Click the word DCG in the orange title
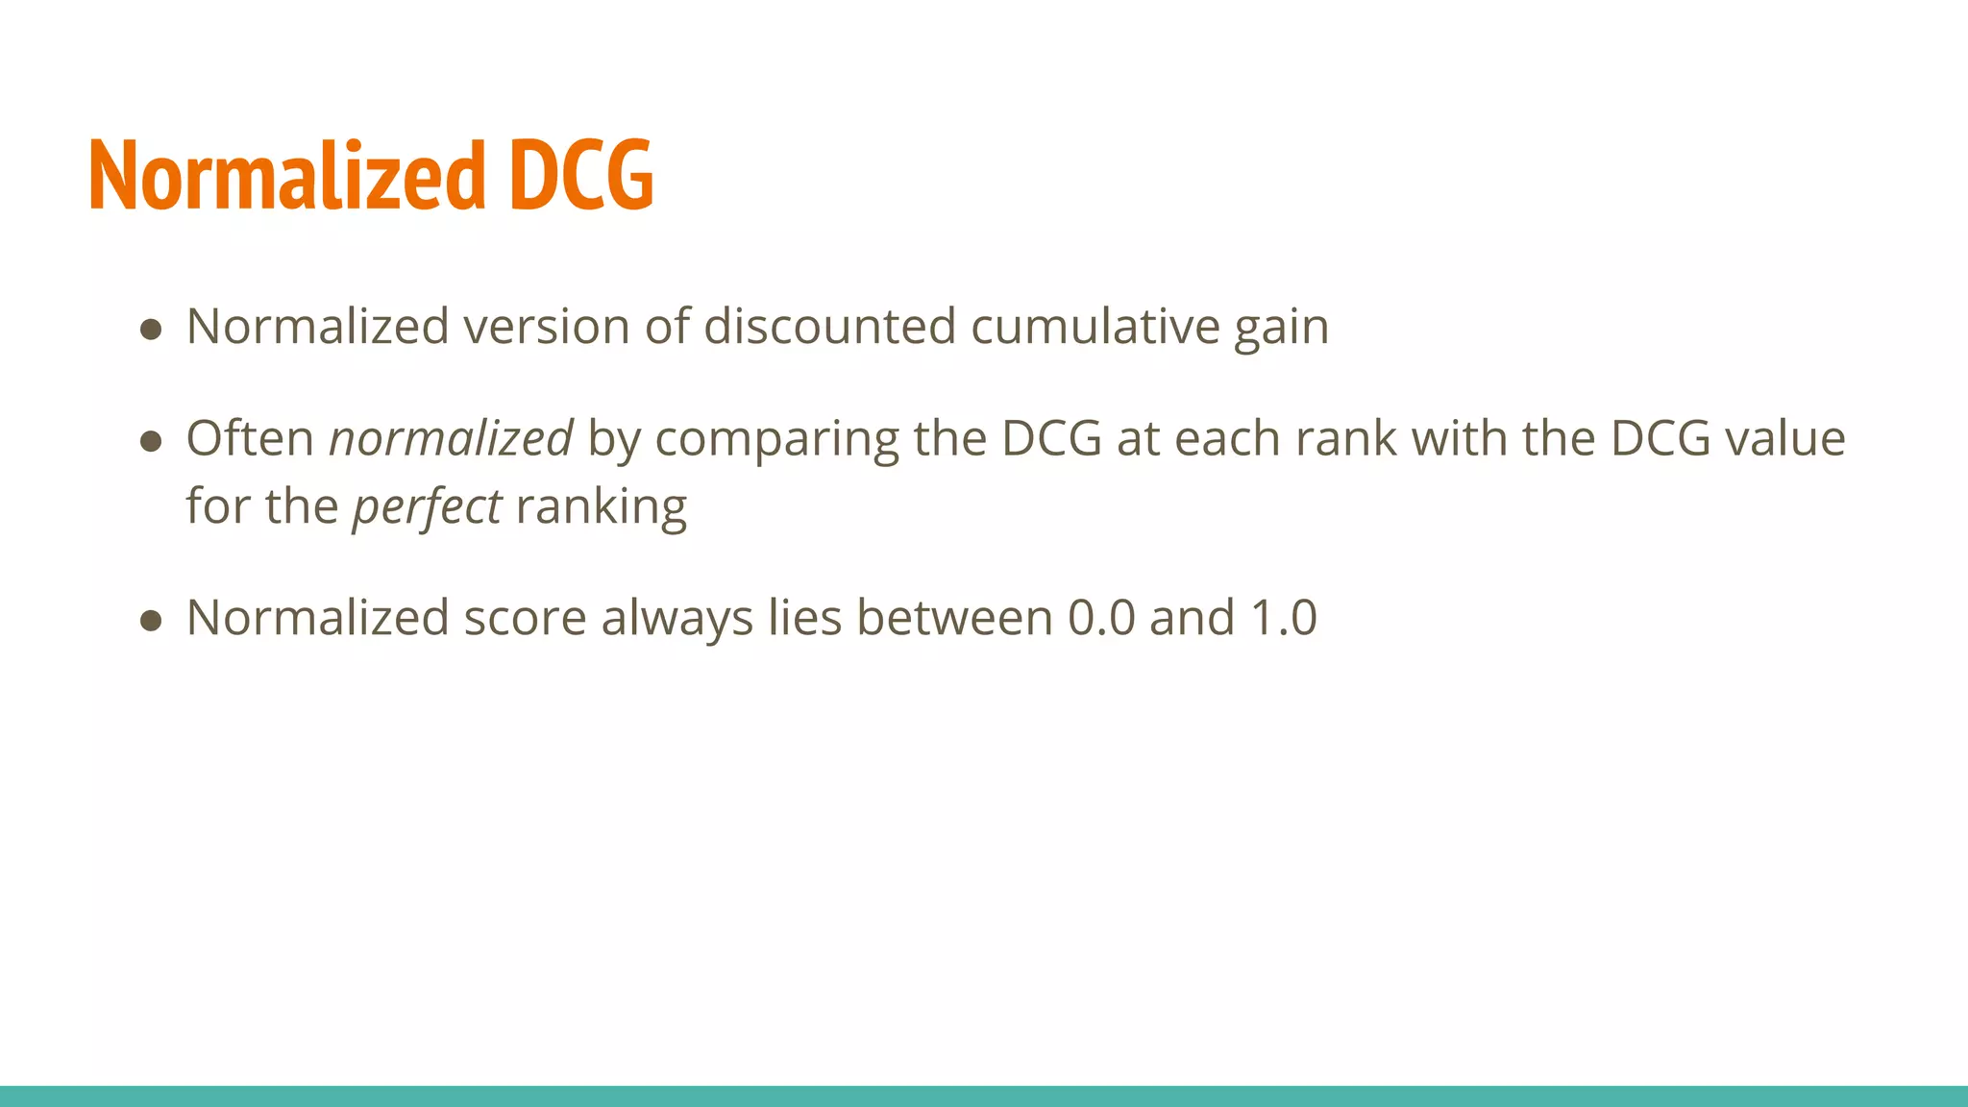point(581,175)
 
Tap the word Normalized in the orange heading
point(287,175)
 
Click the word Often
point(250,438)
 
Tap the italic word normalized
point(451,438)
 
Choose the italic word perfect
point(427,507)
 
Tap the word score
point(525,618)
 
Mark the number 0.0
point(1101,618)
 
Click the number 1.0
point(1283,618)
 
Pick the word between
point(954,618)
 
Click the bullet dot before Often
point(150,441)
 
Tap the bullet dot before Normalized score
point(150,621)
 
